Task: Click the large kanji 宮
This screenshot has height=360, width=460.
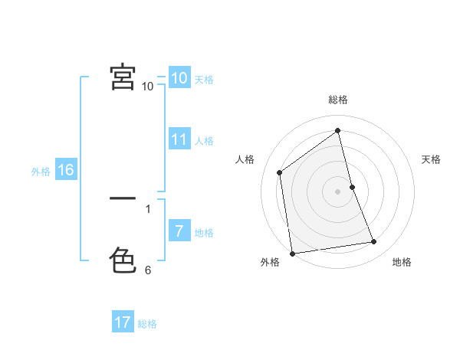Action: (x=123, y=77)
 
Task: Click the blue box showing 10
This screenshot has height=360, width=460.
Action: (x=179, y=77)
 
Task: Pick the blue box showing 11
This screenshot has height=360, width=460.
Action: (x=179, y=139)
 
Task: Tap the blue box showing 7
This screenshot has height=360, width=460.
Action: (x=179, y=231)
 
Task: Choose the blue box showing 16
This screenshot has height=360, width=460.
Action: (x=65, y=170)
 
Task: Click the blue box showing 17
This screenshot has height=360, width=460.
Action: (x=123, y=322)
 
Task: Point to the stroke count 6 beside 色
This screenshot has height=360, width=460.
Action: (x=148, y=270)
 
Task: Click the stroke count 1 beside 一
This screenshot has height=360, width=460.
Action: (x=148, y=208)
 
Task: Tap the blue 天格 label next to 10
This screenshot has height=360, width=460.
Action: (x=204, y=80)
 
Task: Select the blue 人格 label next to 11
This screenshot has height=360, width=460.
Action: (x=204, y=141)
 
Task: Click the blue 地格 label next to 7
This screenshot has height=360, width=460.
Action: (x=204, y=233)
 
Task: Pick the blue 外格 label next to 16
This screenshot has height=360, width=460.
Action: (x=41, y=172)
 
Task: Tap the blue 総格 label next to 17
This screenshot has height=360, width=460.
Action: (x=147, y=324)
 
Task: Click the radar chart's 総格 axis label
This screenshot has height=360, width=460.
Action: (x=338, y=100)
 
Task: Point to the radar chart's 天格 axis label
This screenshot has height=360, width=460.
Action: (x=432, y=159)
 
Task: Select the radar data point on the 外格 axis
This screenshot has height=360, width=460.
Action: (x=292, y=253)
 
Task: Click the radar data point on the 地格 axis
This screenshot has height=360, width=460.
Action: (x=374, y=242)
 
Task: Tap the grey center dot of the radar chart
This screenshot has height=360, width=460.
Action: (x=338, y=191)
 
